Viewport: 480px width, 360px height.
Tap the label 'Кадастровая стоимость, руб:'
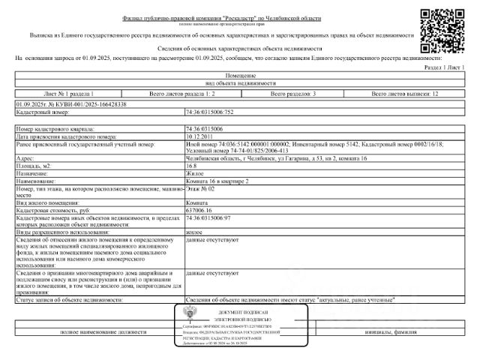click(x=50, y=210)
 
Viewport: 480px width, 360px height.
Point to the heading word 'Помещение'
click(x=240, y=76)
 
